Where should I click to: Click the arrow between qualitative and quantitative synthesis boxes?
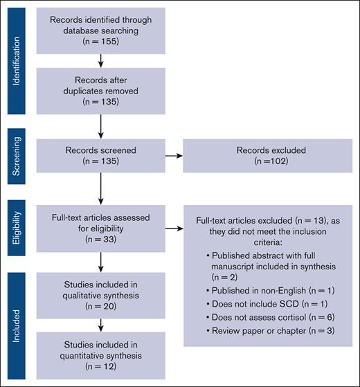pyautogui.click(x=101, y=324)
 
